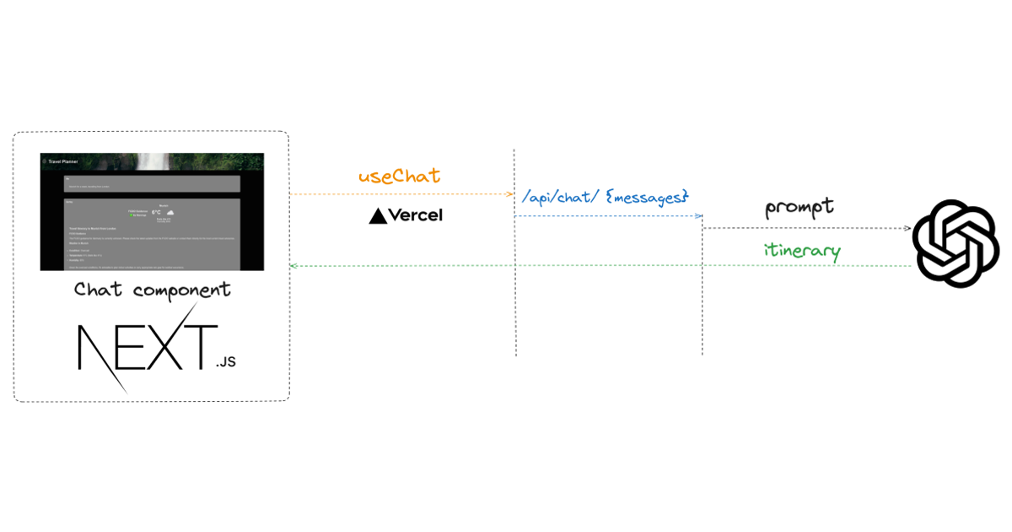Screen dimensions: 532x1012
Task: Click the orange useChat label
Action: pyautogui.click(x=399, y=176)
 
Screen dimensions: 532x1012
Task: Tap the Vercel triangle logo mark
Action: pyautogui.click(x=379, y=216)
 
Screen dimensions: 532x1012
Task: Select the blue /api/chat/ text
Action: pyautogui.click(x=560, y=197)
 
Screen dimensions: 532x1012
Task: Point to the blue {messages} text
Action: pyautogui.click(x=647, y=197)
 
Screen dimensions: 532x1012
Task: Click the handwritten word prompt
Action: pyautogui.click(x=799, y=207)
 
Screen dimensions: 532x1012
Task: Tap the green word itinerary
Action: pyautogui.click(x=802, y=251)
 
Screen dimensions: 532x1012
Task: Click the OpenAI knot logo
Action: pyautogui.click(x=955, y=243)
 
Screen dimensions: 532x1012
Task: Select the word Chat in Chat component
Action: pyautogui.click(x=98, y=290)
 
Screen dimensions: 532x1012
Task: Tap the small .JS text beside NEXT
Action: pyautogui.click(x=225, y=362)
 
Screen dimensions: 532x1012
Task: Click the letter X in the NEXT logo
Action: pyautogui.click(x=155, y=346)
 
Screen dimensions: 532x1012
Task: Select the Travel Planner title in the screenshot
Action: pyautogui.click(x=63, y=160)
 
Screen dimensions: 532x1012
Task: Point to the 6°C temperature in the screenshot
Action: pyautogui.click(x=156, y=213)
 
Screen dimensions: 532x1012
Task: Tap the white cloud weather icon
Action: pyautogui.click(x=170, y=212)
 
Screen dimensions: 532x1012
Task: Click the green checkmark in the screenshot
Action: pyautogui.click(x=131, y=215)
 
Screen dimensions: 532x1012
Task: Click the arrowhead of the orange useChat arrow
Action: pyautogui.click(x=510, y=194)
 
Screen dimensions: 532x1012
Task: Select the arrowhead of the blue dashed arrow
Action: pyautogui.click(x=699, y=216)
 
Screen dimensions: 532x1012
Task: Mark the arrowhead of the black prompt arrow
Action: pyautogui.click(x=907, y=228)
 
